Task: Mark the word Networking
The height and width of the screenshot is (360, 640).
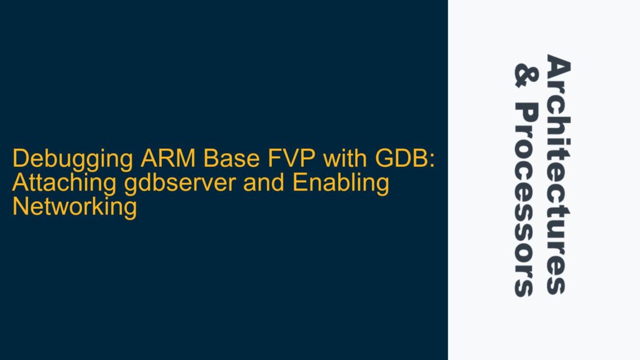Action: tap(74, 207)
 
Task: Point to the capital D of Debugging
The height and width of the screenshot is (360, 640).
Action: tap(19, 161)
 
